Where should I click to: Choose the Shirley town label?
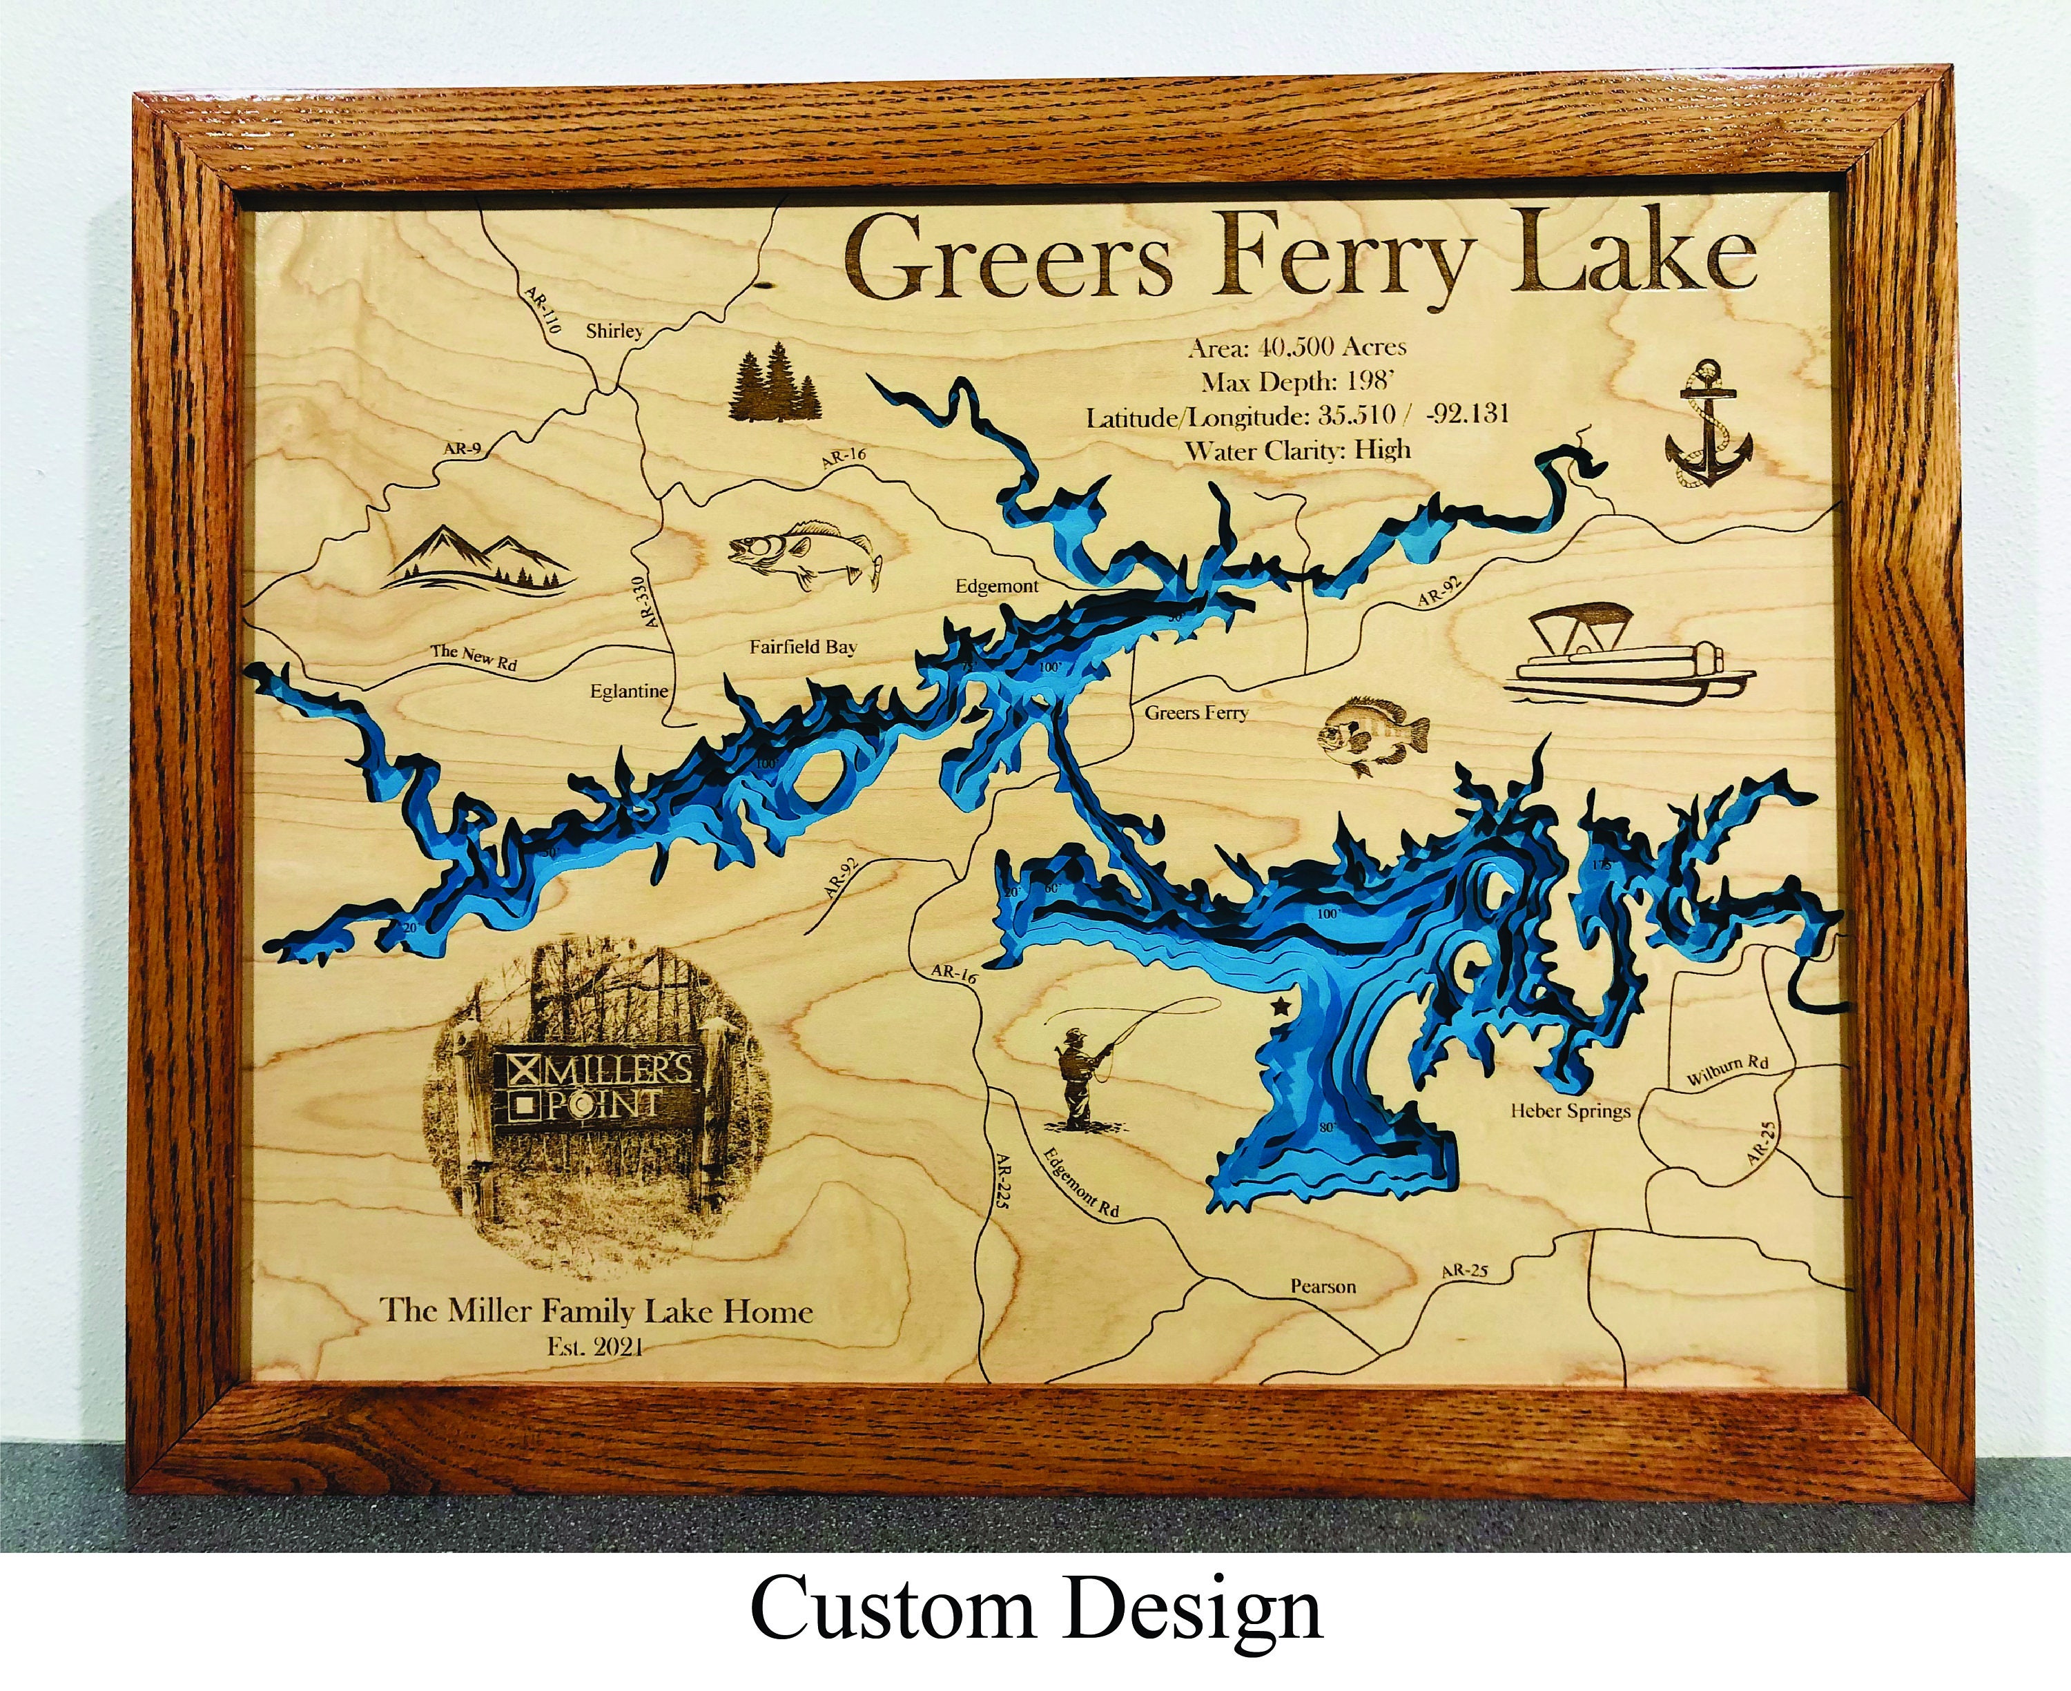614,331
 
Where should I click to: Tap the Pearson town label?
1323,1287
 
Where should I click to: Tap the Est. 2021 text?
595,1347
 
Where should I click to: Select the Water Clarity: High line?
1298,450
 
